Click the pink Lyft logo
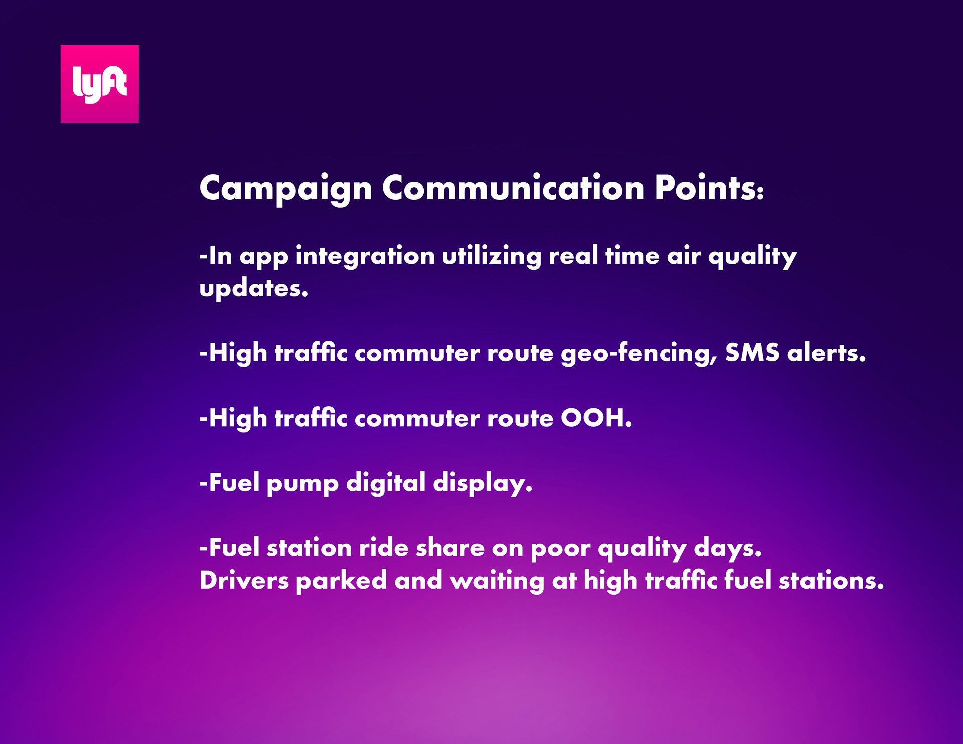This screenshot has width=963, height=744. point(100,84)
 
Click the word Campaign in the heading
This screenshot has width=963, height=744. point(286,189)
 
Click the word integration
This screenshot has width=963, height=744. point(365,256)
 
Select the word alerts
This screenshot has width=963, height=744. point(827,353)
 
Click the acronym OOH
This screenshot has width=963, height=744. point(596,418)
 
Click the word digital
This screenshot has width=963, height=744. point(386,483)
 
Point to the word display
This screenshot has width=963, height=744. point(483,483)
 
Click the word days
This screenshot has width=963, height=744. point(728,548)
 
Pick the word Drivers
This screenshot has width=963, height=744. point(244,581)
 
